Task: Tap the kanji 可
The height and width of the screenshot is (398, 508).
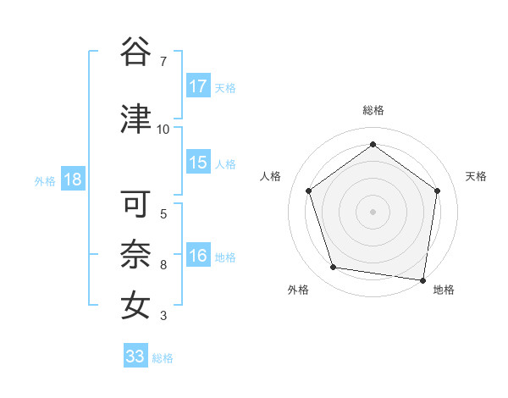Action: click(x=136, y=203)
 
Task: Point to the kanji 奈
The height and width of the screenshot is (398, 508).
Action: click(x=136, y=254)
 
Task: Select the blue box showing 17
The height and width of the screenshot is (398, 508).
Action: click(x=198, y=86)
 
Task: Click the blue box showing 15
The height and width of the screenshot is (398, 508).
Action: click(x=198, y=163)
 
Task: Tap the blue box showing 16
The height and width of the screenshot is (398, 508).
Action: click(x=198, y=257)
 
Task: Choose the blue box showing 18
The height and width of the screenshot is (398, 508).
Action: click(x=72, y=180)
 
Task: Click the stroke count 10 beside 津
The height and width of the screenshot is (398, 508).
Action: click(x=163, y=130)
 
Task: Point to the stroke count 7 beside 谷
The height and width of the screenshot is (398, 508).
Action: click(x=163, y=62)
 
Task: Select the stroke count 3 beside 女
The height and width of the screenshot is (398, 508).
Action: click(x=163, y=317)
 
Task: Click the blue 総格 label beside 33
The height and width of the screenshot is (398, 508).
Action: click(x=163, y=358)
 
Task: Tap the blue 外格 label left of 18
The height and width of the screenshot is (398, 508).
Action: click(x=45, y=181)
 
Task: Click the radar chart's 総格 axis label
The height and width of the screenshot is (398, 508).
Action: click(x=373, y=110)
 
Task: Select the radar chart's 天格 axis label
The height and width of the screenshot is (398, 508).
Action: click(x=476, y=176)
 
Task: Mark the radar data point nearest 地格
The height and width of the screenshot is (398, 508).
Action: click(x=422, y=279)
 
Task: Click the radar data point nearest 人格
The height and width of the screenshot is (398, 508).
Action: click(x=309, y=191)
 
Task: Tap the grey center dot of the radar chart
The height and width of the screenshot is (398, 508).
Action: click(x=373, y=211)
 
